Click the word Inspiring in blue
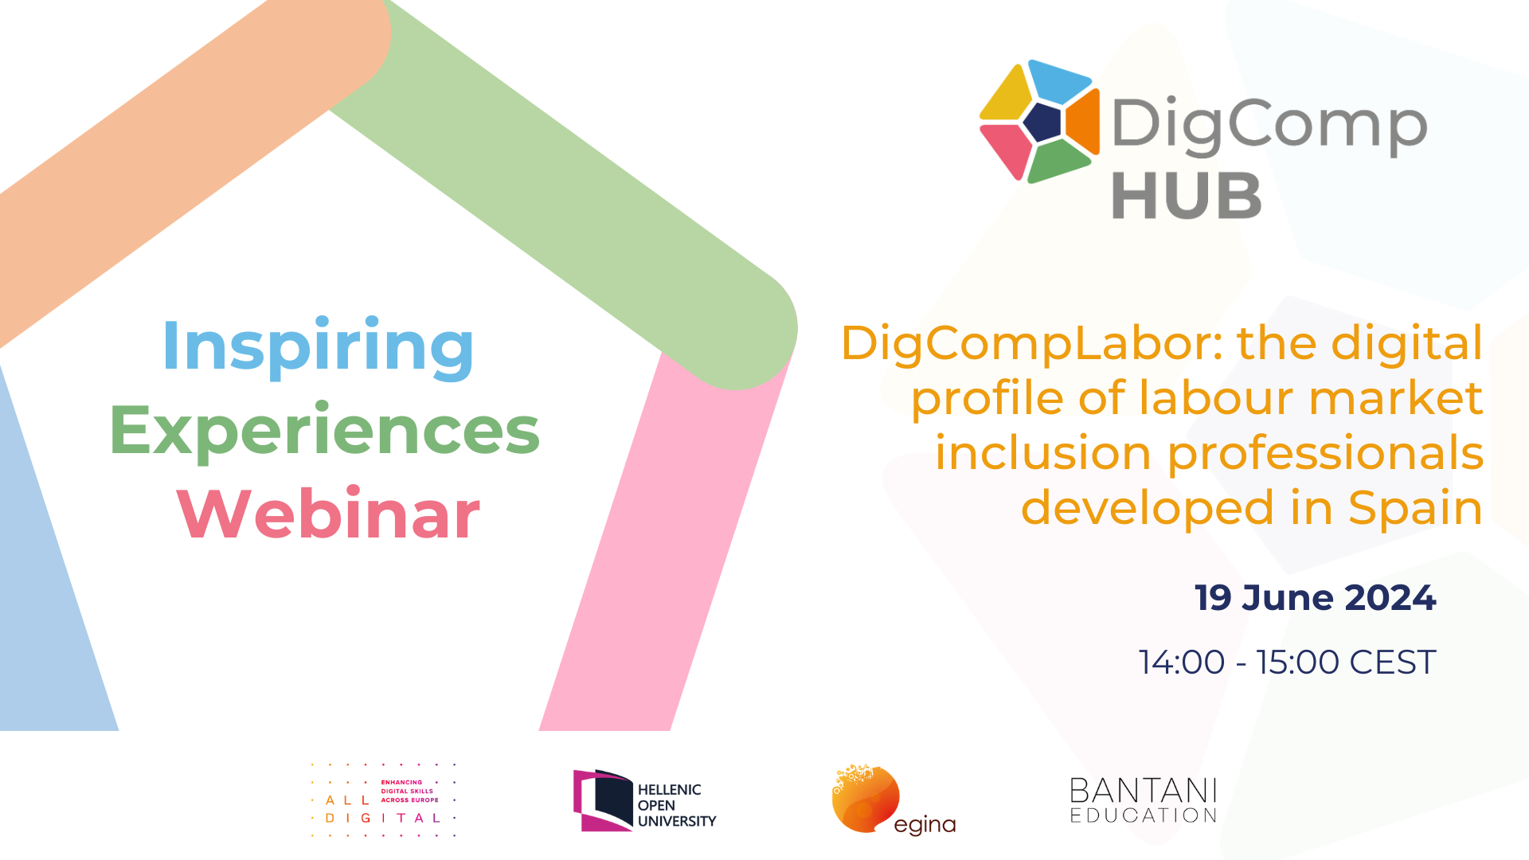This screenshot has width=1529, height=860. click(318, 346)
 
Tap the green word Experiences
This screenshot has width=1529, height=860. click(325, 431)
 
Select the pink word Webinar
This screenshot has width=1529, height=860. click(328, 514)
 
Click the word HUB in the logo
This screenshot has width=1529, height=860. click(1187, 196)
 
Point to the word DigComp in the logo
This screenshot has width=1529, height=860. click(1269, 125)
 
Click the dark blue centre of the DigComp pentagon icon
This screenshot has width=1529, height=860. click(1042, 122)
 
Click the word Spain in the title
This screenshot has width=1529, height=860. click(1415, 508)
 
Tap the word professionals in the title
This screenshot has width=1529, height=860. click(1325, 454)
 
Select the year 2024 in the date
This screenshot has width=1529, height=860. click(1390, 598)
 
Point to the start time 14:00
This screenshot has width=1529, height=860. click(1182, 663)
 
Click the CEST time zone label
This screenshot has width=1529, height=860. click(1393, 663)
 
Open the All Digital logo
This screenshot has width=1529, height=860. click(383, 800)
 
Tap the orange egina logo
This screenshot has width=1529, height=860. click(893, 800)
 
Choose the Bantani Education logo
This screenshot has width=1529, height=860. click(1144, 800)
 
